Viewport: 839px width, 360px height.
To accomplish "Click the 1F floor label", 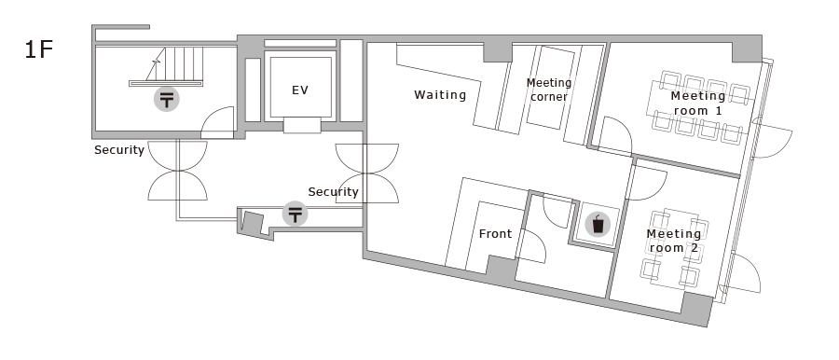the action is point(38,49).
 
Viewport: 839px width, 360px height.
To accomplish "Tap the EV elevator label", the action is point(300,90).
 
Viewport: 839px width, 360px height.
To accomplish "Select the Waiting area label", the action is point(440,95).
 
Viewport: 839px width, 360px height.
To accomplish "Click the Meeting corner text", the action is point(549,90).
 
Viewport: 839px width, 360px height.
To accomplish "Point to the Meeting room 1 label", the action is point(697,104).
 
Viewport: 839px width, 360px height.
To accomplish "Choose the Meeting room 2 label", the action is point(674,241).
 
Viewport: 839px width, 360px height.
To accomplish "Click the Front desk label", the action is point(495,233).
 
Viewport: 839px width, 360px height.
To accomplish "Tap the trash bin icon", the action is point(598,224).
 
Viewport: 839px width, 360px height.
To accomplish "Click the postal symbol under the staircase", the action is point(167,99).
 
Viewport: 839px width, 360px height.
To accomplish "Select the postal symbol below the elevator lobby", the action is point(295,214).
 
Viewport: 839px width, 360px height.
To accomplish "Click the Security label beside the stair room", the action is point(118,150).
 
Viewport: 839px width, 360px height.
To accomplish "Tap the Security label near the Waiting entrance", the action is point(333,192).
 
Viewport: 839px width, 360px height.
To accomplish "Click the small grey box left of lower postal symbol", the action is point(252,222).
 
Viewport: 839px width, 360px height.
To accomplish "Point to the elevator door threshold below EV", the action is point(302,125).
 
